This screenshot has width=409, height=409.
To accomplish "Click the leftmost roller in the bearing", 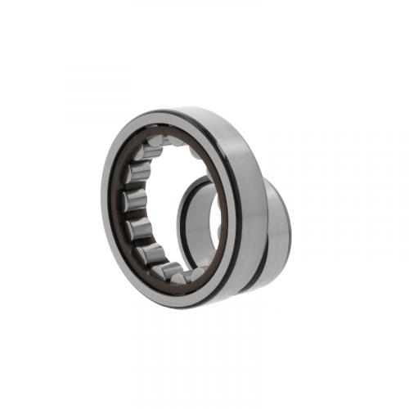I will click(133, 200).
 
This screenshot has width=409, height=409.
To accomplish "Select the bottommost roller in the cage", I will click(174, 270).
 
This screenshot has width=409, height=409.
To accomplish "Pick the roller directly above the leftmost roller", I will click(138, 173).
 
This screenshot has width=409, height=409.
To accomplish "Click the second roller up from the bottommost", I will click(152, 254).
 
